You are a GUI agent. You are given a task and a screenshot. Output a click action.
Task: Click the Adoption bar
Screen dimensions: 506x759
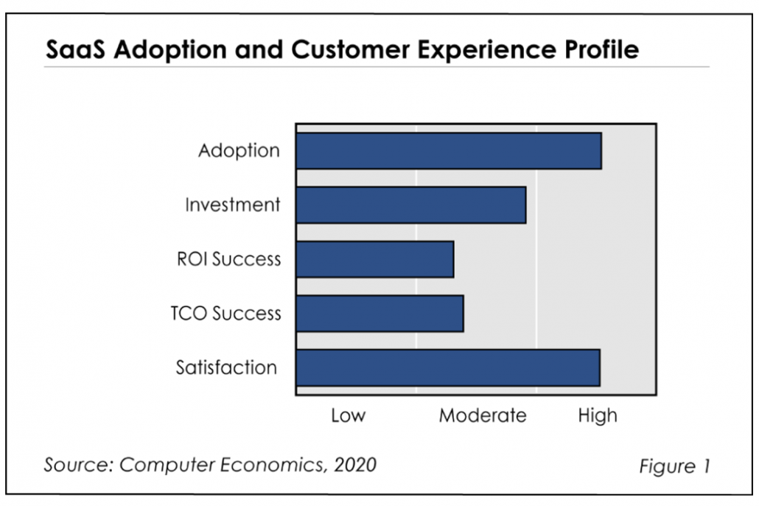449,151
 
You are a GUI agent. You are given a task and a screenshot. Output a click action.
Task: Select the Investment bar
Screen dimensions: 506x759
411,205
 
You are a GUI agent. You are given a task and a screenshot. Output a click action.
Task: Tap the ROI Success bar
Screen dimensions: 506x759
375,259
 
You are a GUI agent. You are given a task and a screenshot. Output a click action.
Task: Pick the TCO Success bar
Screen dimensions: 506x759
379,313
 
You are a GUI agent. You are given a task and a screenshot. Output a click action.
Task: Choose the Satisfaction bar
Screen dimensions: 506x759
448,368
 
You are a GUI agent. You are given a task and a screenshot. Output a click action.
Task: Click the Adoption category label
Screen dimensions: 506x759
239,151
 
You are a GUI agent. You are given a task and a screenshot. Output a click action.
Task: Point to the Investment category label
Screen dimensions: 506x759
232,205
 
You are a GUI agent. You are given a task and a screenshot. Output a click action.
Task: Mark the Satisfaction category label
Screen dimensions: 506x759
226,368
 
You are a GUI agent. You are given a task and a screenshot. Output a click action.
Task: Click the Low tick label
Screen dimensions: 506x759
348,415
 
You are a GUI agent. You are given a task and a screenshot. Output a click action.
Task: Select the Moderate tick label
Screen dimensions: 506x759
483,415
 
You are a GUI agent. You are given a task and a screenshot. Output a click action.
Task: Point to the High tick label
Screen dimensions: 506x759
597,415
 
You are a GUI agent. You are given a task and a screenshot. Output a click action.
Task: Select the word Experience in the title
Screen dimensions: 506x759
461,50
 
